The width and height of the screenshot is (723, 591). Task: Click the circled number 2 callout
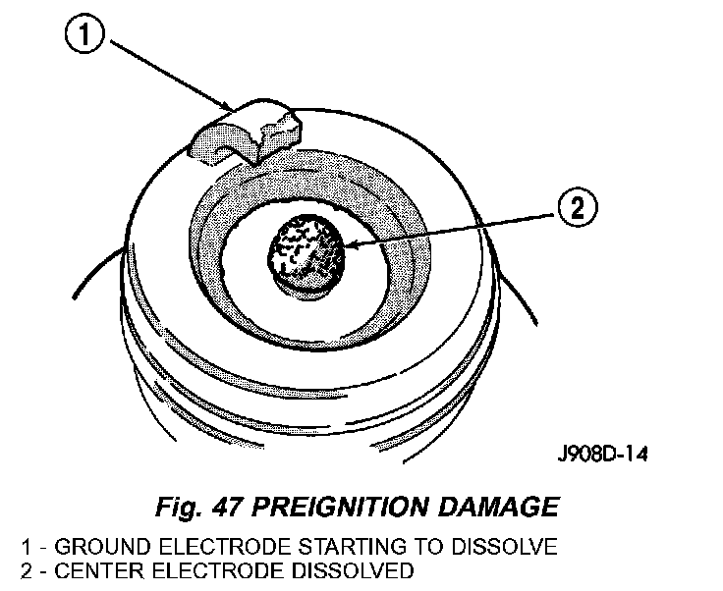coord(577,208)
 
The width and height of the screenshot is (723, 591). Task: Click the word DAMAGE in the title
coord(501,508)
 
